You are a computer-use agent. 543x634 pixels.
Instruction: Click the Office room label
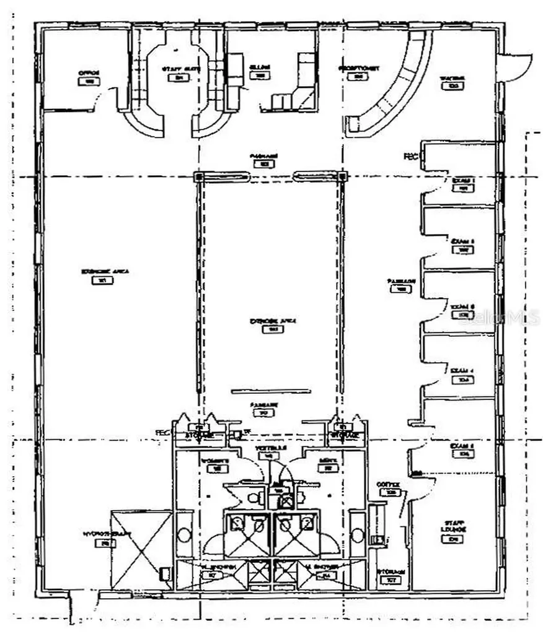[89, 73]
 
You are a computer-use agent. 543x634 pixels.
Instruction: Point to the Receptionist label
[359, 68]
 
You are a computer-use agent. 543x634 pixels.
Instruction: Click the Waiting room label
[452, 78]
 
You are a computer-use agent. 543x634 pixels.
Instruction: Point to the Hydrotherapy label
[99, 534]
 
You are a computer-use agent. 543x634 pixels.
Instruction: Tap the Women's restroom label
[216, 461]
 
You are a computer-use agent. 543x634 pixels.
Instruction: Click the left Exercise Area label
[100, 272]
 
